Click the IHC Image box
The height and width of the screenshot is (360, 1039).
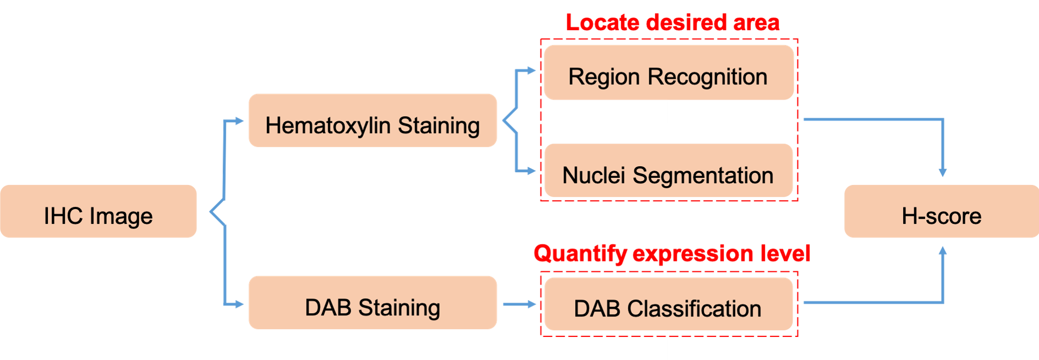(99, 211)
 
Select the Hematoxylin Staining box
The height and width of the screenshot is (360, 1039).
(373, 121)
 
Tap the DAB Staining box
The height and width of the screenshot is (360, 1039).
(373, 303)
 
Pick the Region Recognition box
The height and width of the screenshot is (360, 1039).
(668, 73)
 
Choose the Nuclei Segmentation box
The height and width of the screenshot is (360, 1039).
(668, 171)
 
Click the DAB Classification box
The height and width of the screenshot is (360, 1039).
(668, 304)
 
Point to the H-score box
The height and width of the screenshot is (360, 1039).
(941, 211)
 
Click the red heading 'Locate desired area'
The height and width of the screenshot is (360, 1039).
(672, 23)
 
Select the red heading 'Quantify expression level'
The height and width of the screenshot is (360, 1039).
(671, 253)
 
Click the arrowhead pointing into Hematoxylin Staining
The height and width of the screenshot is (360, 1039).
(239, 121)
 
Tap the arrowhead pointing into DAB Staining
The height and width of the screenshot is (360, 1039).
(239, 304)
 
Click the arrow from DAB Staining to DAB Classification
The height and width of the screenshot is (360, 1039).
(519, 304)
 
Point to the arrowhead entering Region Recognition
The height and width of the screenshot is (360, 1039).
(531, 70)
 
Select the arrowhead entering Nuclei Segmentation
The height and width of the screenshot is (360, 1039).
(531, 171)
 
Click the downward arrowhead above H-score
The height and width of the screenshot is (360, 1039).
(943, 172)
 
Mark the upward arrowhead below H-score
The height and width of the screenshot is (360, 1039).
(943, 250)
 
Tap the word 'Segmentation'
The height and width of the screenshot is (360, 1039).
(703, 176)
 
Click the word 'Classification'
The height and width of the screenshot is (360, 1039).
(694, 309)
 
